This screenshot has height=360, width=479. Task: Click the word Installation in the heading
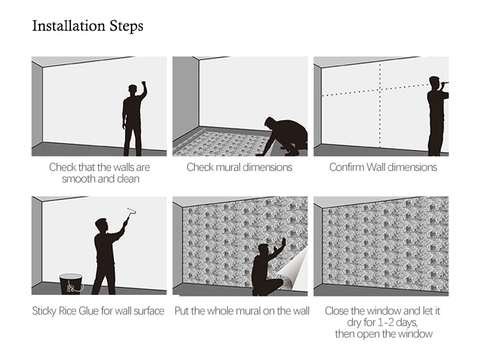pos(69,26)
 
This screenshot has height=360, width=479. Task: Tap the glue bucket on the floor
pos(71,284)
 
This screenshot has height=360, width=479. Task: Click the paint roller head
pos(132,211)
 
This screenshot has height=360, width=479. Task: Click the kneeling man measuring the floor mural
pos(284,136)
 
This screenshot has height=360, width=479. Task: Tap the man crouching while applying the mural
pos(267,269)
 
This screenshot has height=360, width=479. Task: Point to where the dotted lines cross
pos(380,89)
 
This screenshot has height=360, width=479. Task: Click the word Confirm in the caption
pos(346,167)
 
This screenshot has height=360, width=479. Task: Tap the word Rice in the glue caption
pos(68,311)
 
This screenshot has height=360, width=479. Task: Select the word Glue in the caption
pos(89,311)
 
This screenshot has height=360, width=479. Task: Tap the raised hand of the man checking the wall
pos(142,83)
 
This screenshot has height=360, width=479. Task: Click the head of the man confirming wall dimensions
pos(434,83)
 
